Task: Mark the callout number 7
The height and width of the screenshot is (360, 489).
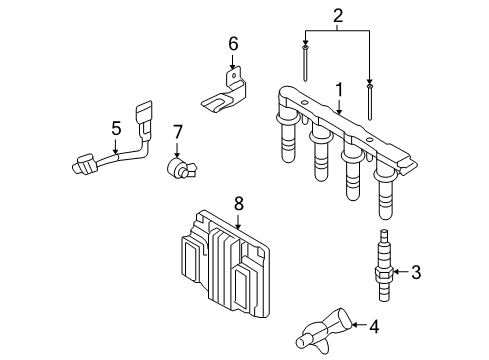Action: (178, 132)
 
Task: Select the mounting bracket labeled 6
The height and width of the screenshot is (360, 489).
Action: (224, 93)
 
